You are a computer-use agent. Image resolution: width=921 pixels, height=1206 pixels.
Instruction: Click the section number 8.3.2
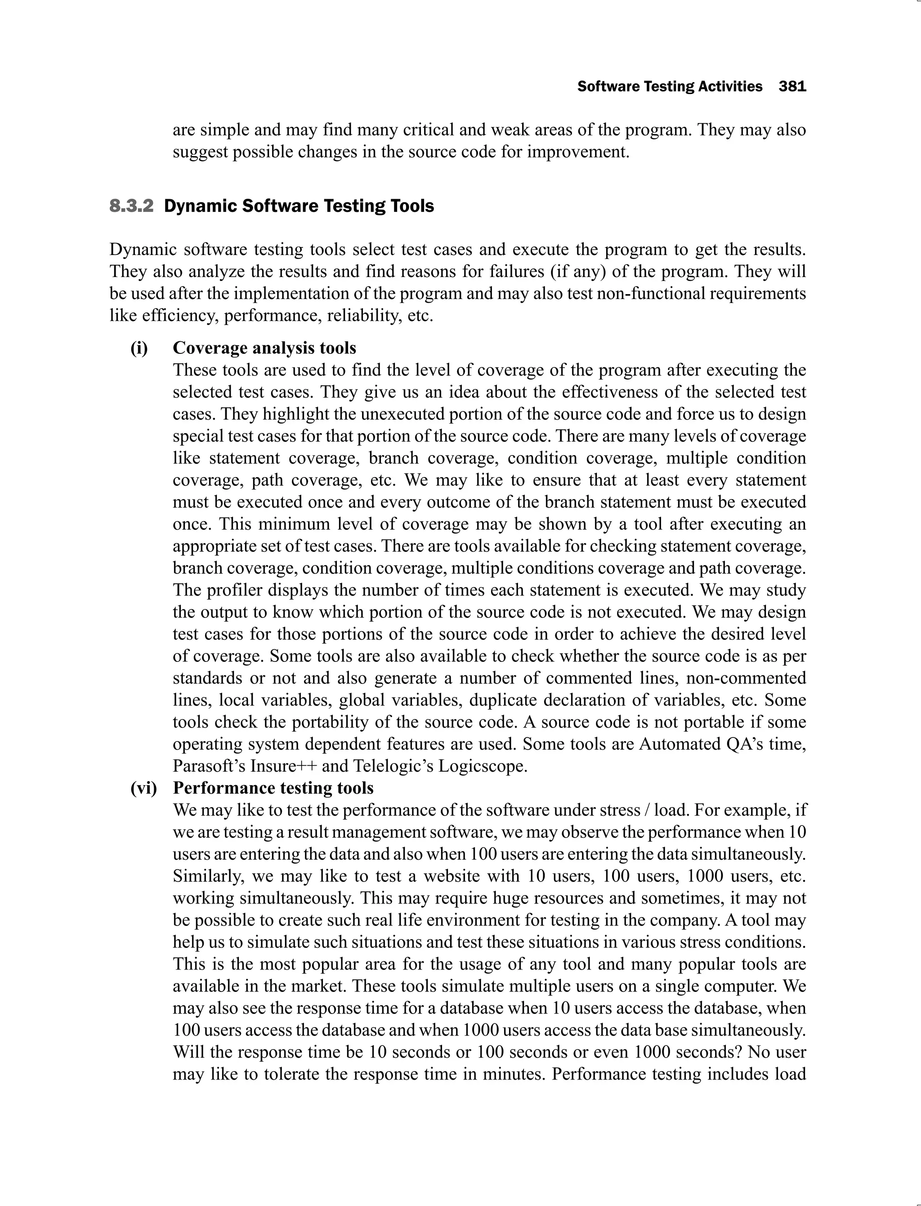point(132,206)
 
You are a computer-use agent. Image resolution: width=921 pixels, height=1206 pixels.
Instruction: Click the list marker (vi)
point(143,788)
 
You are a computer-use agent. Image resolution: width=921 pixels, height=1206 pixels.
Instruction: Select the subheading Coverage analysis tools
point(264,348)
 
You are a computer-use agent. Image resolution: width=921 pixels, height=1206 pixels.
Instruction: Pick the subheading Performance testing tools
point(273,788)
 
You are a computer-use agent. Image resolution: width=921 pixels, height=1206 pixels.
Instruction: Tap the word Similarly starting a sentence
point(208,876)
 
